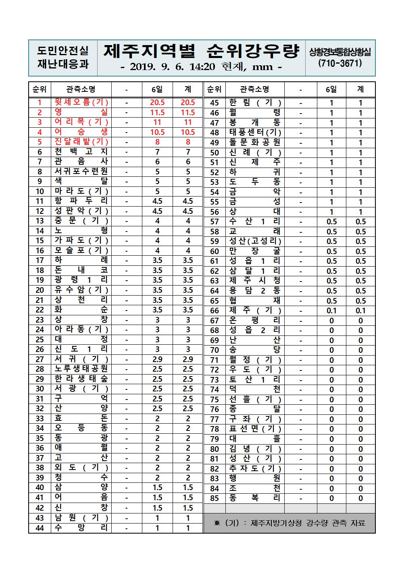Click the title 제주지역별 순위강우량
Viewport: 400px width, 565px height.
201,51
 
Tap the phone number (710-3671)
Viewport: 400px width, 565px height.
340,63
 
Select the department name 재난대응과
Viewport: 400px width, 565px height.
62,64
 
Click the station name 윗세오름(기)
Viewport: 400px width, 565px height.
81,102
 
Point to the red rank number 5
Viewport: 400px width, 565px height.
40,142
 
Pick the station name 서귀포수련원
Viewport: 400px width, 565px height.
81,172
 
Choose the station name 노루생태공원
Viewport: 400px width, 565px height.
81,369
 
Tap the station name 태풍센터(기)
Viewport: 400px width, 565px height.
255,132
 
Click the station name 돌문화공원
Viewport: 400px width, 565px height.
255,143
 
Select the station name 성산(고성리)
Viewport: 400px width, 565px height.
255,241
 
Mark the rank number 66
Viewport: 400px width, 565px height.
215,311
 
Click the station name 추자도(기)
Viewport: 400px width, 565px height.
255,469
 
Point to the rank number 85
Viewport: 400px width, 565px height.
215,499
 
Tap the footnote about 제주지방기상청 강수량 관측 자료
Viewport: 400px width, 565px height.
289,523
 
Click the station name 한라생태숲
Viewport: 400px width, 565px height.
81,379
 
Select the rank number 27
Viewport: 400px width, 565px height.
40,359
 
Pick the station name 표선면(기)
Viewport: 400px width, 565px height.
255,429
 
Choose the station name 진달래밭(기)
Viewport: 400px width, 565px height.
81,142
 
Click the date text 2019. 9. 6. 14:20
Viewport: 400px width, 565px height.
173,67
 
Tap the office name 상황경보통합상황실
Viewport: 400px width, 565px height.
340,52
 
